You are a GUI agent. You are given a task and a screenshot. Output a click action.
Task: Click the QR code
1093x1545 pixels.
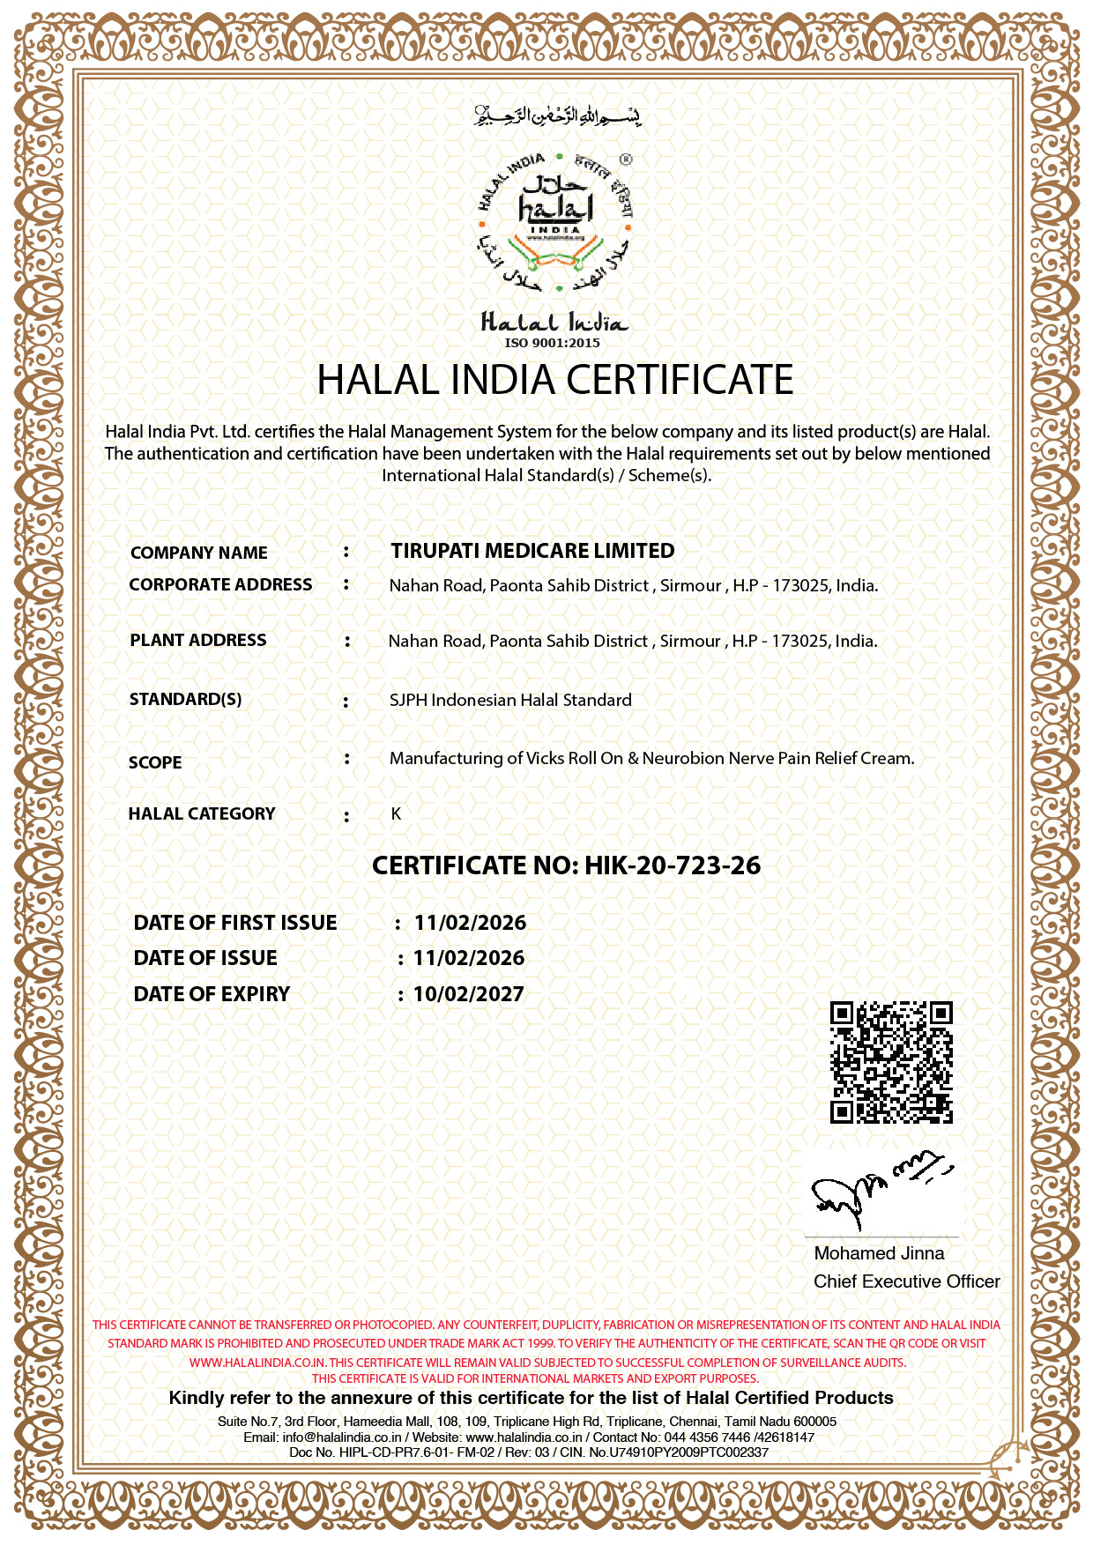click(891, 1062)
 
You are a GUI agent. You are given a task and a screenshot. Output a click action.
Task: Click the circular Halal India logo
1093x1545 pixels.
click(555, 222)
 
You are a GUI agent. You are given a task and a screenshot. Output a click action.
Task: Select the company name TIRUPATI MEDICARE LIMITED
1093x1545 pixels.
click(532, 551)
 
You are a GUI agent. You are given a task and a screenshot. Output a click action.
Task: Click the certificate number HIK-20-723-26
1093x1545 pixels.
click(673, 865)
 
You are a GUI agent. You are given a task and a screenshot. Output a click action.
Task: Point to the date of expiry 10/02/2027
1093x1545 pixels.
click(469, 994)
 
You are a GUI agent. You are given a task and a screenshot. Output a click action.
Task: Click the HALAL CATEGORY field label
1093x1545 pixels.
click(202, 813)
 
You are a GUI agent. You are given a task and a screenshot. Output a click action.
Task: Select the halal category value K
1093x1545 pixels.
click(396, 813)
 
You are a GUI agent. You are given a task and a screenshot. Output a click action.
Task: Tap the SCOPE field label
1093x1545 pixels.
click(155, 762)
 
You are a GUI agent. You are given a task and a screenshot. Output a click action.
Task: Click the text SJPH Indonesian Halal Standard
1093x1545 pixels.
click(510, 700)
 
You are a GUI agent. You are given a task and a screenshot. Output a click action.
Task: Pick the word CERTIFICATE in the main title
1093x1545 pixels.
click(680, 380)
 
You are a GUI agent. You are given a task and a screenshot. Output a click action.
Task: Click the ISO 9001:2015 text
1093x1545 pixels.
click(553, 343)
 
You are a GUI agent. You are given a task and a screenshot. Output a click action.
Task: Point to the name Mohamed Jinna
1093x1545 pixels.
click(879, 1253)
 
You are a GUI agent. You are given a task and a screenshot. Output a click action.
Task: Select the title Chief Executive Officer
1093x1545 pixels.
click(906, 1281)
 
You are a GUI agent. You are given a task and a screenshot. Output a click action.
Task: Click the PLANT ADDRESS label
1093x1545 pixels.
click(197, 640)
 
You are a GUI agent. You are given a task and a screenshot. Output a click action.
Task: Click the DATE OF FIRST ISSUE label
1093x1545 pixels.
click(235, 923)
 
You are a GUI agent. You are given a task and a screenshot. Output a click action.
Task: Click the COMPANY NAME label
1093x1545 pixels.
click(198, 553)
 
